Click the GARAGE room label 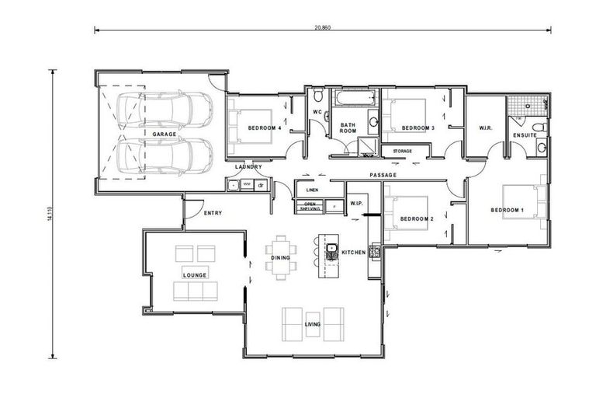pos(165,134)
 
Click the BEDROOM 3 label pos(417,127)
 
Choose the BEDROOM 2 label pos(416,219)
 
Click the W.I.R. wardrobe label pos(487,127)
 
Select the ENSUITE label pos(525,135)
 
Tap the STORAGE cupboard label pos(402,151)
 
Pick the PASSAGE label pos(383,175)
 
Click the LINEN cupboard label pos(313,190)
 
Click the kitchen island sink pos(331,250)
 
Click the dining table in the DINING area pos(280,258)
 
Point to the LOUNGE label pos(192,275)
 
